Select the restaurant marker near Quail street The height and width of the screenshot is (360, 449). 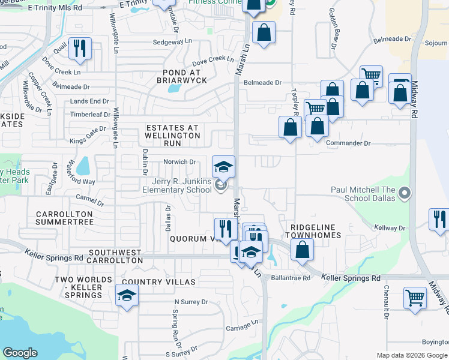[x=80, y=49]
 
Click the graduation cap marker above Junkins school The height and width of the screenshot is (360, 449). [x=223, y=167]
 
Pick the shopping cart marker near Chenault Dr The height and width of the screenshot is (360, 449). [x=415, y=298]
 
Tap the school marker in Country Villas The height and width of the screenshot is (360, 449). [x=127, y=296]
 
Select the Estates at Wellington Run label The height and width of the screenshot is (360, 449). [x=173, y=131]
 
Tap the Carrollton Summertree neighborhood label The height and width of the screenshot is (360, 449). [x=64, y=218]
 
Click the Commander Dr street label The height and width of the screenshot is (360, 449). [x=348, y=143]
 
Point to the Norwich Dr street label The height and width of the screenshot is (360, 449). [x=180, y=162]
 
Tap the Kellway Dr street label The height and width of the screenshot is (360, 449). [x=390, y=228]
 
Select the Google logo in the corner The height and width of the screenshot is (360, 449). [x=20, y=353]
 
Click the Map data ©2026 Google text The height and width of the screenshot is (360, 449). [x=411, y=355]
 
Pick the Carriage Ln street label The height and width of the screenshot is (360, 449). [x=243, y=328]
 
